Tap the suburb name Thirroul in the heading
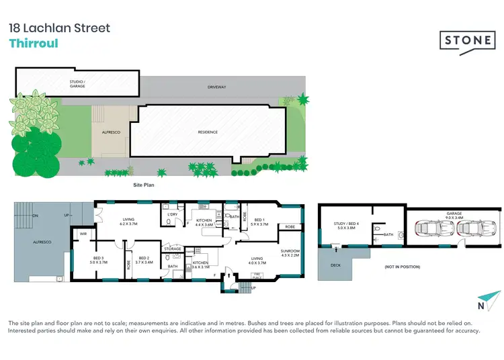click(34, 44)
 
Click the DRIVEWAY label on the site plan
click(216, 87)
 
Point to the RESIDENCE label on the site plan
click(208, 132)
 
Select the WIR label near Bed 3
click(84, 234)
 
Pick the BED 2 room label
click(144, 259)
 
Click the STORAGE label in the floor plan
click(173, 249)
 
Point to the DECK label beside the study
click(336, 264)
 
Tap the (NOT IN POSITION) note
click(402, 267)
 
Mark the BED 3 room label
click(100, 259)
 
